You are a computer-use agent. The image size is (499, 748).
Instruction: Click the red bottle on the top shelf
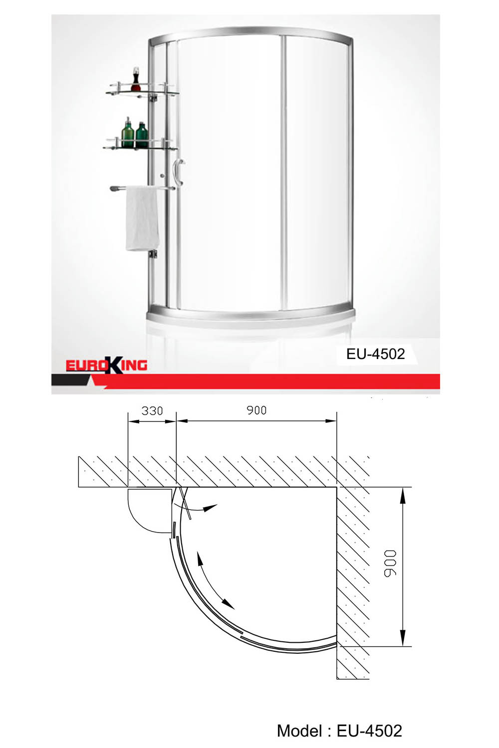click(x=136, y=81)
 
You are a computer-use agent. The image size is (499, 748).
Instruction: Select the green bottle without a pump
click(x=142, y=136)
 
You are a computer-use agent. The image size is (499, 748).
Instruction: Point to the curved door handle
click(x=178, y=172)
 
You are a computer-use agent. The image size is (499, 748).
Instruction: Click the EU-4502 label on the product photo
click(x=375, y=354)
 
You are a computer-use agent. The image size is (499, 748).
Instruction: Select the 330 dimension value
click(x=152, y=411)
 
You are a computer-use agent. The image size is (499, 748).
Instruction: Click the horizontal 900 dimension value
click(x=256, y=410)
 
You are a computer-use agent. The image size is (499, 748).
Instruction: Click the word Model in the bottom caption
click(x=300, y=731)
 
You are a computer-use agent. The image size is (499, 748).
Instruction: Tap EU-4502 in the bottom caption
click(x=369, y=731)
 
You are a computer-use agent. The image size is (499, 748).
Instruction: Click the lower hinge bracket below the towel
click(x=153, y=255)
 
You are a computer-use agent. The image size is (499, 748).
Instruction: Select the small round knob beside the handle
click(x=163, y=176)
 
